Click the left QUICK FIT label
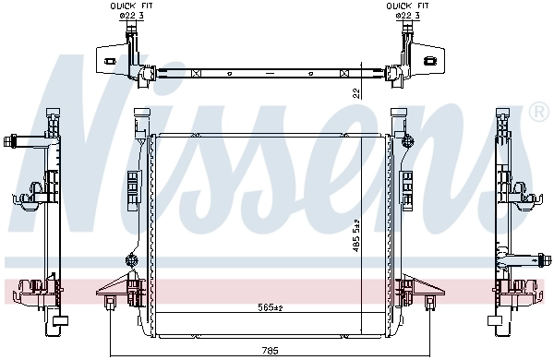click(127, 6)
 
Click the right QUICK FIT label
click(405, 6)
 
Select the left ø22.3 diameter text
click(127, 15)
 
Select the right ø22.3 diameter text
click(405, 15)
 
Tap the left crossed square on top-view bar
click(195, 72)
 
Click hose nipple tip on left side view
click(8, 141)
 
